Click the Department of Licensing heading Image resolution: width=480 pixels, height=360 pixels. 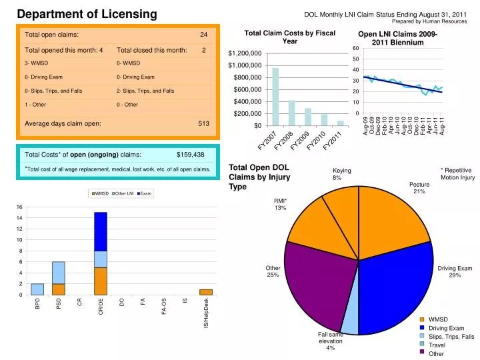87,14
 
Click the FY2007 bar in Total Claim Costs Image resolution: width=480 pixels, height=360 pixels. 275,97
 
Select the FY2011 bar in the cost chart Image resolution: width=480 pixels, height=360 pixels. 340,123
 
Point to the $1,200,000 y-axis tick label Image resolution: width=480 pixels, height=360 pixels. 245,53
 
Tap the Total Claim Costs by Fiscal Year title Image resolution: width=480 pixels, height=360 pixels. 290,37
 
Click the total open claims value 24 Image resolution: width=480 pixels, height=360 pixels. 204,35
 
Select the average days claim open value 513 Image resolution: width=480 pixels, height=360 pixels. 203,123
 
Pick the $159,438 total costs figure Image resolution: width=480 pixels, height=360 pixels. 190,155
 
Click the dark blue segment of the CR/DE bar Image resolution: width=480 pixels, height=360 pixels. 101,231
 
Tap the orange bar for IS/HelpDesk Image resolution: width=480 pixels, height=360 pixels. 206,292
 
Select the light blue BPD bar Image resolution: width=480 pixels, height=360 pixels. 37,289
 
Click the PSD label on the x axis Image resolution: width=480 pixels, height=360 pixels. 59,304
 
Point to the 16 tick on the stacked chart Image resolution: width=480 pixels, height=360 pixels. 20,207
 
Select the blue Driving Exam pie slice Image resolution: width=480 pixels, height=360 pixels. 397,280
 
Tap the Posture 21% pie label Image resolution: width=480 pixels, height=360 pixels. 419,188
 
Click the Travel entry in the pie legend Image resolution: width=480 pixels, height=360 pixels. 437,345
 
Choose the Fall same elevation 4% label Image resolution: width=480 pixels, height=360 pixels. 330,341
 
